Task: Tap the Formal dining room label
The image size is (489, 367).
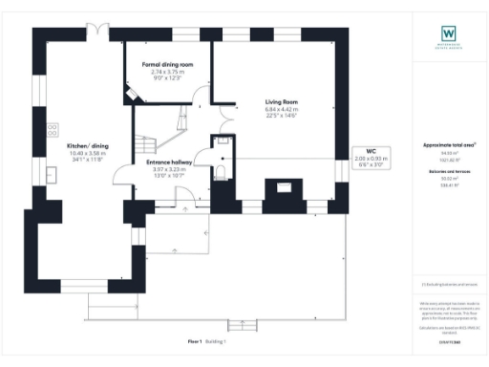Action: [167, 64]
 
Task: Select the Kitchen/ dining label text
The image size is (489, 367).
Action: [87, 146]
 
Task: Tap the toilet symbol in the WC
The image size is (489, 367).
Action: [220, 172]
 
